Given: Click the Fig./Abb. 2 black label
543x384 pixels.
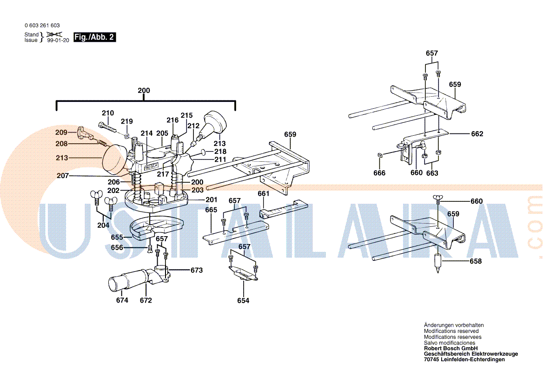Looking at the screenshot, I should [95, 38].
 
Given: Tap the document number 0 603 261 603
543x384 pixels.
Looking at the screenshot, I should [42, 26].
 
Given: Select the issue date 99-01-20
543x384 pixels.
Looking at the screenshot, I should [58, 40].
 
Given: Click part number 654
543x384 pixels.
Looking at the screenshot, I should [243, 301].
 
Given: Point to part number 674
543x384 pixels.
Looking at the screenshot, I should [122, 300].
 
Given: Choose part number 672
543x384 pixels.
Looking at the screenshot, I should [146, 300].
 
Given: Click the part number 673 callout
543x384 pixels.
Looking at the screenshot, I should [197, 270].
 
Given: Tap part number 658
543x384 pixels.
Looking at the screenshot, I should [476, 261].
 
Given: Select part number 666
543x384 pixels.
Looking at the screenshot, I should [379, 173].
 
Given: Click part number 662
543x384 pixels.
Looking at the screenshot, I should [477, 134].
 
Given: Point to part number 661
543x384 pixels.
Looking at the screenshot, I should [264, 193].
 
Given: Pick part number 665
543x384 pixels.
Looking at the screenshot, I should [211, 210].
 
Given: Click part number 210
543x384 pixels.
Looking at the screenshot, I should [108, 113].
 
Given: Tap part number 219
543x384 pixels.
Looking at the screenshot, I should [127, 121].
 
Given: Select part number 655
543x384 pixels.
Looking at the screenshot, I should [117, 237].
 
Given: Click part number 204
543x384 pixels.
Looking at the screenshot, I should [103, 225].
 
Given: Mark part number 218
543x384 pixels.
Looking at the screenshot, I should [220, 152].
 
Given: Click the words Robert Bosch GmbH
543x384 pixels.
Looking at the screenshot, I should [450, 348].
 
